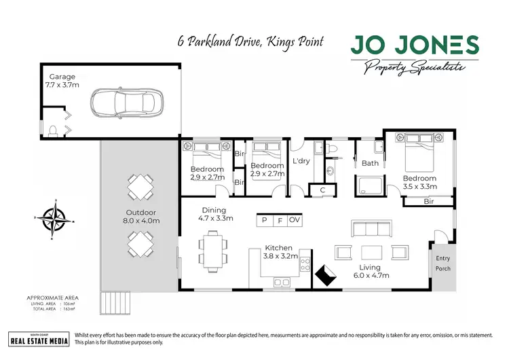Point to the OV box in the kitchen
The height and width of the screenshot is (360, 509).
pyautogui.click(x=294, y=220)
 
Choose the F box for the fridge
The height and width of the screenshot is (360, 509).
pyautogui.click(x=279, y=220)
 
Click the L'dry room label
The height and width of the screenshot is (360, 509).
pyautogui.click(x=301, y=161)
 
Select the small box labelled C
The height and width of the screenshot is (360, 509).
pyautogui.click(x=322, y=190)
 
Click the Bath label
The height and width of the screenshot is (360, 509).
pyautogui.click(x=370, y=163)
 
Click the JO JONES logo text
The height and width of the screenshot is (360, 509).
pyautogui.click(x=415, y=45)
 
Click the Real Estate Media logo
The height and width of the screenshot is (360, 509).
pyautogui.click(x=39, y=339)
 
